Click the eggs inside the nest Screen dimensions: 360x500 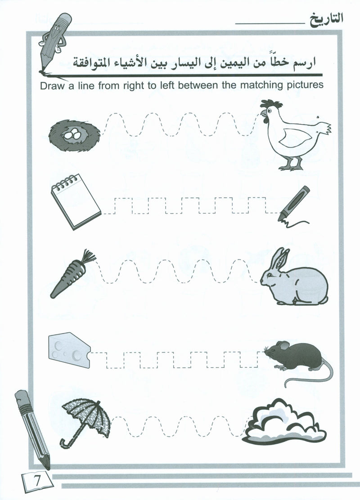click(x=72, y=134)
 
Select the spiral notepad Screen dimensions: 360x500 click(x=76, y=201)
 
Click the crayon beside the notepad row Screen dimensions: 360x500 click(x=294, y=204)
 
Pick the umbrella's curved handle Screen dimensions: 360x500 click(x=68, y=441)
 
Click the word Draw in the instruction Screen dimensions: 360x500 click(x=52, y=86)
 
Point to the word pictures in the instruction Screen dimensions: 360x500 click(x=305, y=85)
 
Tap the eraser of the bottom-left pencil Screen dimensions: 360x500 click(x=22, y=398)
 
